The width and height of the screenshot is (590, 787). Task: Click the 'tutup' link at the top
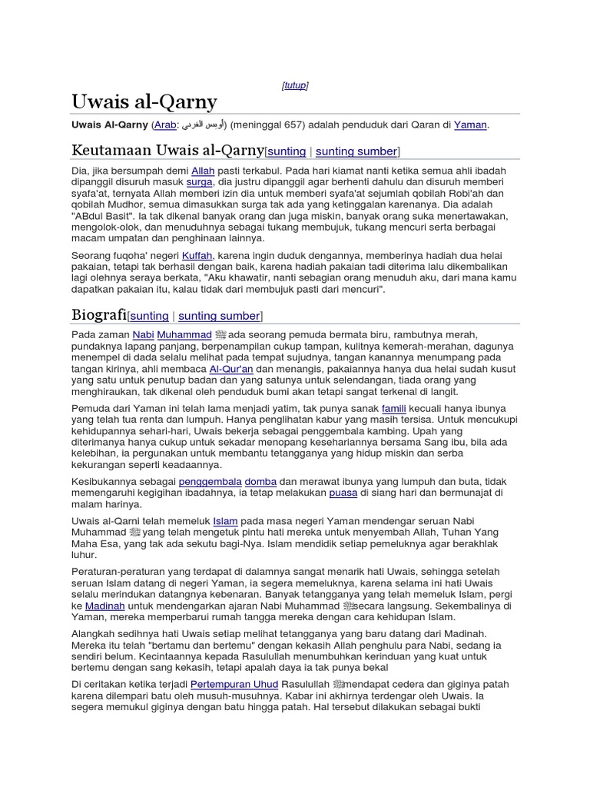(x=295, y=85)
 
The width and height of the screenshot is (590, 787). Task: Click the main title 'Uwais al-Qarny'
(x=144, y=102)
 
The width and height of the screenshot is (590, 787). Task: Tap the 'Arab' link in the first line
(x=164, y=125)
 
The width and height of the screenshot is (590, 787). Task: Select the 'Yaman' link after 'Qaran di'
(x=470, y=125)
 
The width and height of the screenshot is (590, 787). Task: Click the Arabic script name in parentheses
(x=204, y=125)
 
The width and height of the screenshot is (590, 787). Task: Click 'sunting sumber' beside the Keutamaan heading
(x=356, y=151)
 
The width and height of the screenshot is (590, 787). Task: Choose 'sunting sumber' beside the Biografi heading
(x=219, y=316)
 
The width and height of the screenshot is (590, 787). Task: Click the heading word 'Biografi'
(x=98, y=315)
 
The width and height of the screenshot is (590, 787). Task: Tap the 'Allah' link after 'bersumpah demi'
(x=203, y=170)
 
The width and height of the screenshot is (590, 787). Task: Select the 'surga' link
(x=199, y=182)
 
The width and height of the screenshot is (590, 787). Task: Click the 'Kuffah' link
(x=197, y=254)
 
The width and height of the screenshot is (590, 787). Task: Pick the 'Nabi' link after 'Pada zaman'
(x=144, y=335)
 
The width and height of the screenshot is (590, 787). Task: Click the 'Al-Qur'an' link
(x=231, y=370)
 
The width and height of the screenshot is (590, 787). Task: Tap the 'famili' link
(x=395, y=409)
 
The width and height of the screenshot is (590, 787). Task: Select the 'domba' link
(x=260, y=481)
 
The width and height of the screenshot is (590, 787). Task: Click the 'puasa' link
(x=344, y=493)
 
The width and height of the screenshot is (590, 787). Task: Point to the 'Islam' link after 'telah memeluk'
(x=225, y=521)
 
